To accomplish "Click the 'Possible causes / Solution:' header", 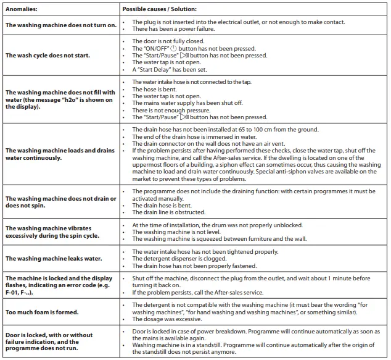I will coord(159,9).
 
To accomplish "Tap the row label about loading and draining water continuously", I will coord(60,154).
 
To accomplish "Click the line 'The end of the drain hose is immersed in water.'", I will coord(197,136).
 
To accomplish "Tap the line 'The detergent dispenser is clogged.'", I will coord(179,259).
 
